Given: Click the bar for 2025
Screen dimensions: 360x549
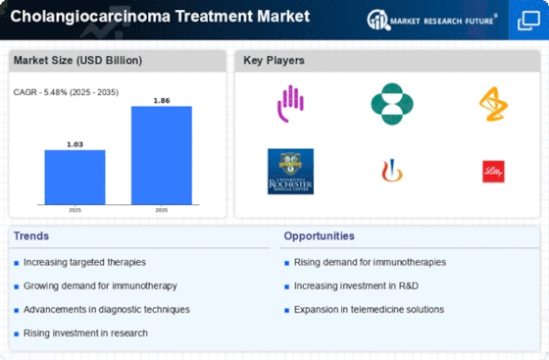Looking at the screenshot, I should click(75, 177).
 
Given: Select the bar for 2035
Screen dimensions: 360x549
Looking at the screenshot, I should click(162, 155).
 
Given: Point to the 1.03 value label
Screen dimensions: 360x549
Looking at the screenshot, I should click(75, 143).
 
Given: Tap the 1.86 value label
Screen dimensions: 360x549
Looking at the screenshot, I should click(162, 99).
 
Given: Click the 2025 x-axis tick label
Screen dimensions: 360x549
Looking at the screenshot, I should click(75, 210).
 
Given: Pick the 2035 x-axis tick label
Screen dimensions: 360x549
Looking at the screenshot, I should click(162, 210).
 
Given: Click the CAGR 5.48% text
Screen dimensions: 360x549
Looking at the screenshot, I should click(61, 92).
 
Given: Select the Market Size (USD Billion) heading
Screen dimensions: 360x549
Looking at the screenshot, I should click(77, 61).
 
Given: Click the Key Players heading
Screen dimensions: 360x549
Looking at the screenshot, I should click(274, 61).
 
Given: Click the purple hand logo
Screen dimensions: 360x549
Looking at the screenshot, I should click(290, 102).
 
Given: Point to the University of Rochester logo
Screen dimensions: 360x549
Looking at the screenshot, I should click(290, 171).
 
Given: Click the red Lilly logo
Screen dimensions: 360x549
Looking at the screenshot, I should click(493, 171).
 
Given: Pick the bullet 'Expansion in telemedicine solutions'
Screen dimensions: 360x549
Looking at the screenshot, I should click(369, 309).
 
